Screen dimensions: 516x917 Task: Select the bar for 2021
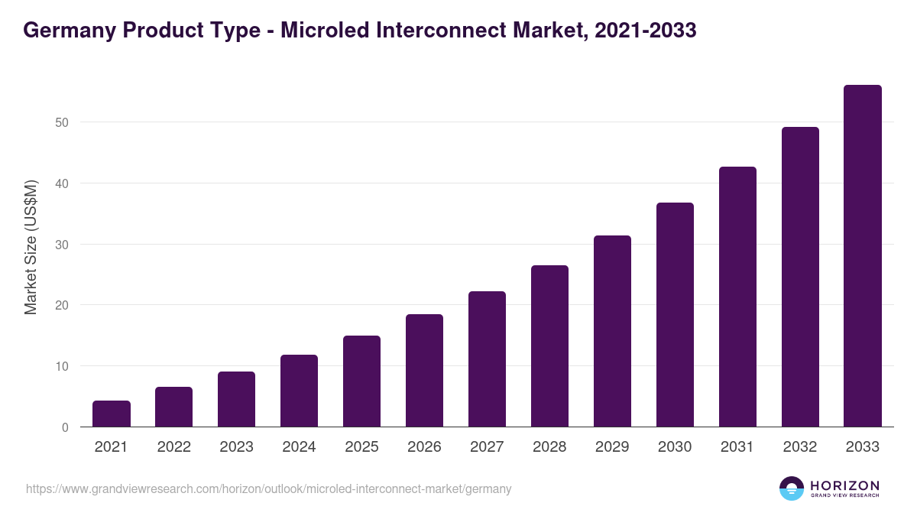(x=112, y=414)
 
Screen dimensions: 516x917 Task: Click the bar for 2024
(x=299, y=391)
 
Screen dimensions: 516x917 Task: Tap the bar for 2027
(x=487, y=359)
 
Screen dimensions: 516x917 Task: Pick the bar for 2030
(x=675, y=315)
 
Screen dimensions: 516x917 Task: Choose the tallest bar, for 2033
(x=863, y=256)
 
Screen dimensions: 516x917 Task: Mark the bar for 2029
(x=612, y=331)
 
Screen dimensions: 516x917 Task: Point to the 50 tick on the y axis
(x=61, y=122)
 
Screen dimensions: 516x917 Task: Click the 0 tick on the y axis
(x=65, y=427)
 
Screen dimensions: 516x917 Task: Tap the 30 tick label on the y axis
(x=61, y=245)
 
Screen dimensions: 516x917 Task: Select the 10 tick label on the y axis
(x=61, y=366)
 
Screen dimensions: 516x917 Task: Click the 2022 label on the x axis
(x=174, y=447)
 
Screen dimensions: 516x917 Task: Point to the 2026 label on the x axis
(x=424, y=447)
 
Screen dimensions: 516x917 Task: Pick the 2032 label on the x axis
(x=800, y=447)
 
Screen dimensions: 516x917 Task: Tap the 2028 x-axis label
(x=549, y=447)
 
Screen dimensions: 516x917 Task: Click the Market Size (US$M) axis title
(x=31, y=247)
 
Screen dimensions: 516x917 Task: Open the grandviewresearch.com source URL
(x=268, y=488)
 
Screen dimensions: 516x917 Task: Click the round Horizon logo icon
(x=792, y=488)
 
